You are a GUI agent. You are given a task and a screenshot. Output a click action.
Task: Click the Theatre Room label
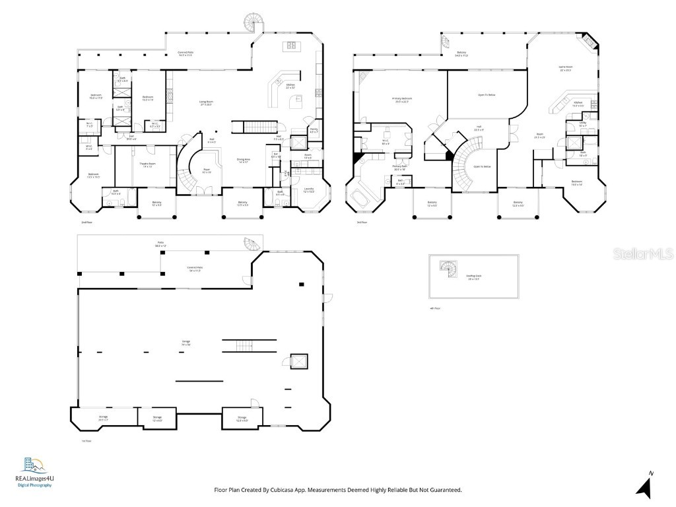pyautogui.click(x=147, y=165)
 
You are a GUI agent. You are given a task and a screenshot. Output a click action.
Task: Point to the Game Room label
pyautogui.click(x=566, y=69)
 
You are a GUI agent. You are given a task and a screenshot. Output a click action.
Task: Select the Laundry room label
pyautogui.click(x=308, y=191)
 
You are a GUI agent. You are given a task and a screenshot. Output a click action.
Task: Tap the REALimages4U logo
pyautogui.click(x=34, y=471)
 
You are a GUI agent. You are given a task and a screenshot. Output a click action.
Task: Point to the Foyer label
pyautogui.click(x=206, y=170)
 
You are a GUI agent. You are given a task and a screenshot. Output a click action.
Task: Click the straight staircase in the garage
pyautogui.click(x=246, y=346)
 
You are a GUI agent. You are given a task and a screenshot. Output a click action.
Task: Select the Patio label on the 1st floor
pyautogui.click(x=160, y=243)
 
